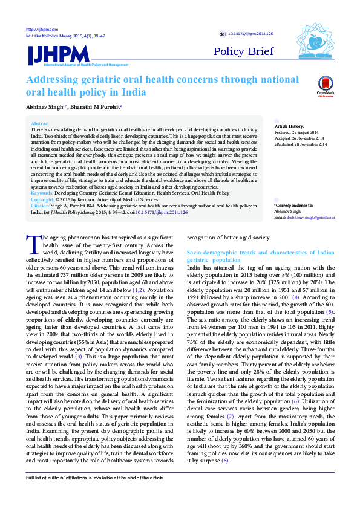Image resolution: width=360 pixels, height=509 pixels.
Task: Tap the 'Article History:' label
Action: click(x=289, y=125)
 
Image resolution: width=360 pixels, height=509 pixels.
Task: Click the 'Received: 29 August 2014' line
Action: click(x=300, y=131)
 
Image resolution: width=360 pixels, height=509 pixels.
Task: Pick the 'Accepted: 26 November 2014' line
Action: click(x=301, y=137)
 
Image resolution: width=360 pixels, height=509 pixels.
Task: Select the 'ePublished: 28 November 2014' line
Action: click(x=301, y=144)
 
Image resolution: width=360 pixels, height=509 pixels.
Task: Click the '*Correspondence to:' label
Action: click(x=293, y=207)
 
